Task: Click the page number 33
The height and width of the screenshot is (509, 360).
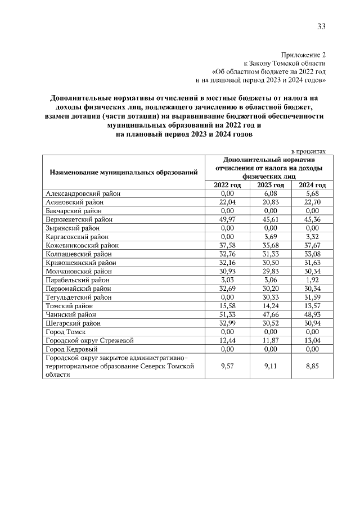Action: pyautogui.click(x=321, y=26)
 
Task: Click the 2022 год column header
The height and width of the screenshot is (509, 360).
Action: pyautogui.click(x=227, y=185)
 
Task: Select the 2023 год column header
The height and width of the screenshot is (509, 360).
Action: pyautogui.click(x=271, y=185)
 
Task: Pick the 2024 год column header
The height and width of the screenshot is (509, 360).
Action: pyautogui.click(x=312, y=185)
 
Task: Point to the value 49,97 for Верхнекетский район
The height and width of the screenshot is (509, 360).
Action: pyautogui.click(x=227, y=219)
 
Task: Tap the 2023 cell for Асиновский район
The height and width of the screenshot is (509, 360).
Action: pyautogui.click(x=271, y=202)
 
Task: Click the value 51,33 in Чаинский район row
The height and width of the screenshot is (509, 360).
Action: pyautogui.click(x=227, y=315)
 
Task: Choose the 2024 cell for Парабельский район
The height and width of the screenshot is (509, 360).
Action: pyautogui.click(x=312, y=280)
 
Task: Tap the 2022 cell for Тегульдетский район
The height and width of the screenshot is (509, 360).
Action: pyautogui.click(x=227, y=298)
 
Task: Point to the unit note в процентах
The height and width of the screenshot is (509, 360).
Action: pyautogui.click(x=308, y=152)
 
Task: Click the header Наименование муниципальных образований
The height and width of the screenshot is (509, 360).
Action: pyautogui.click(x=124, y=172)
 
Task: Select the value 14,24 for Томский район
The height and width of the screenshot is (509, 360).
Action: pyautogui.click(x=271, y=306)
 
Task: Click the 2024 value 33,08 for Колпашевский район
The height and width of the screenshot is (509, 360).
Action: pyautogui.click(x=312, y=254)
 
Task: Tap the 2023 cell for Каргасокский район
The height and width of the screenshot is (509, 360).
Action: pyautogui.click(x=271, y=237)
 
